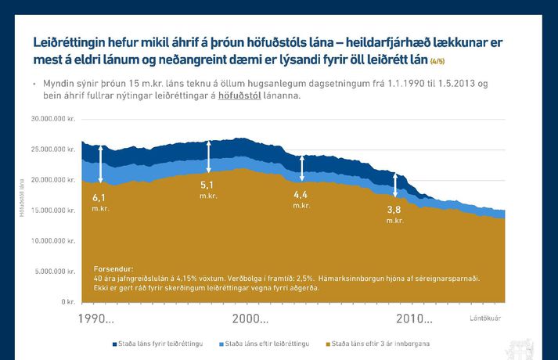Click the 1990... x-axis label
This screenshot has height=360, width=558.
coord(97,319)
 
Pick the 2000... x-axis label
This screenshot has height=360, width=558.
coord(250,319)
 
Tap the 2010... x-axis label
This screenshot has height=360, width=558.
coord(414,319)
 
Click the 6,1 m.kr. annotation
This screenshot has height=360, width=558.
coord(99,202)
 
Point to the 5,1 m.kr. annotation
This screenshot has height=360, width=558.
coord(207,189)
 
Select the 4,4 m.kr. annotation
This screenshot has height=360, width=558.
coord(301,199)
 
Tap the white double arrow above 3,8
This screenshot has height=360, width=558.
coord(395,185)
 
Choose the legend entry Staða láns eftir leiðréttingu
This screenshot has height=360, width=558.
coord(265,344)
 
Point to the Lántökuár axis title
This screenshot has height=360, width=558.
coord(485,318)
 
